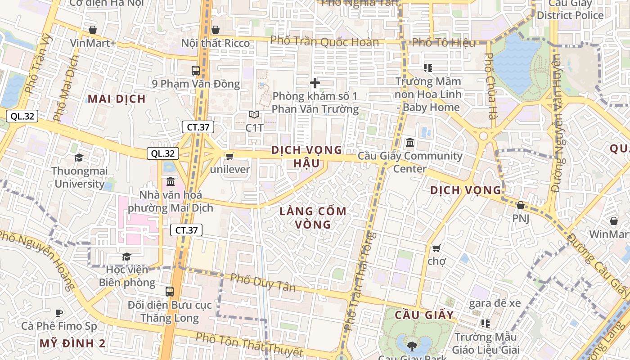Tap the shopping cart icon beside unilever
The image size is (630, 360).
tap(229, 156)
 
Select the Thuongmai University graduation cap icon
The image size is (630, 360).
tap(79, 157)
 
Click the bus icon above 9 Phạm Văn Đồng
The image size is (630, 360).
tap(195, 70)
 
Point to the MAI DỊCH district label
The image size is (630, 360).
tap(117, 99)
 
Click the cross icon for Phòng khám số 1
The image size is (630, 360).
tap(315, 83)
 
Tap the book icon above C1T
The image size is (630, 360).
tap(254, 115)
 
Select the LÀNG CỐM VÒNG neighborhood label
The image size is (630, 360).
tap(313, 217)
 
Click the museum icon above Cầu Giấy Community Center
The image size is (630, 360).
tap(410, 143)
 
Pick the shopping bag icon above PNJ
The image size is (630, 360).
tap(521, 205)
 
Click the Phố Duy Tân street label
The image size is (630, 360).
tap(263, 282)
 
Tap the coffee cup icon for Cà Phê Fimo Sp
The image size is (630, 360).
tap(58, 313)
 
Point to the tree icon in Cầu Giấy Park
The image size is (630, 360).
tap(411, 346)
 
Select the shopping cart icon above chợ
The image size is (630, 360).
tap(436, 248)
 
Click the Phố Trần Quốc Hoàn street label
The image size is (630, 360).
tap(324, 42)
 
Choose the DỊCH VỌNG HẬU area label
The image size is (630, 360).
tap(307, 156)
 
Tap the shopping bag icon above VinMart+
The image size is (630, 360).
tap(93, 30)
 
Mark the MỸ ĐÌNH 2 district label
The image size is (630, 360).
tap(72, 343)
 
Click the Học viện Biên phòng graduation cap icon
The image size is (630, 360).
tap(126, 256)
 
